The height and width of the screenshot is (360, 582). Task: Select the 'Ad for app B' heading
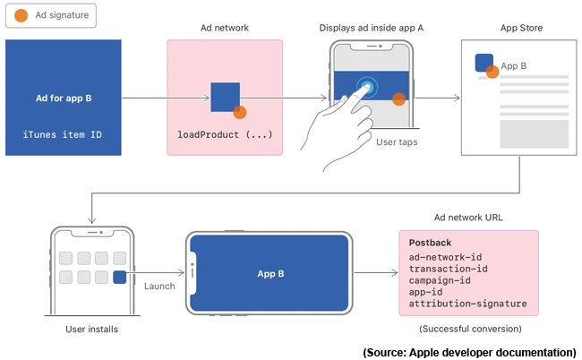(63, 98)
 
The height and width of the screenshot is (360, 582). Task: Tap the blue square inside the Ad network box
(225, 97)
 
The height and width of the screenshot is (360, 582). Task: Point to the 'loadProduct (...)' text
(224, 134)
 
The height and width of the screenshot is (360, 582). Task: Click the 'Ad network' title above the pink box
(224, 28)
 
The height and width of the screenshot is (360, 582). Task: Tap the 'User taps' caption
(397, 141)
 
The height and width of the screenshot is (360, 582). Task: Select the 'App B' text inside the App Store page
(513, 65)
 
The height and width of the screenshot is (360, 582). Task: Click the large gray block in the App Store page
(534, 133)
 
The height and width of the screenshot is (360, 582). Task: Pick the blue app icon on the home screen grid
(119, 278)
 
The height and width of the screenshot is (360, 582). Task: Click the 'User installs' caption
(91, 330)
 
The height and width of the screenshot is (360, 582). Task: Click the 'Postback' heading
(430, 243)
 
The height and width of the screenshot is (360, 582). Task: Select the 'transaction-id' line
(449, 269)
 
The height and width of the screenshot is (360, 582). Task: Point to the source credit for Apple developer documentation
(469, 352)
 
